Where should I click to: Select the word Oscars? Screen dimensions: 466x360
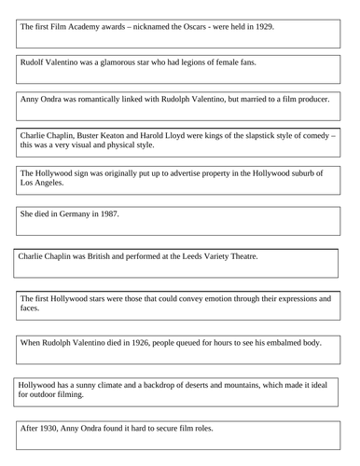pos(181,26)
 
